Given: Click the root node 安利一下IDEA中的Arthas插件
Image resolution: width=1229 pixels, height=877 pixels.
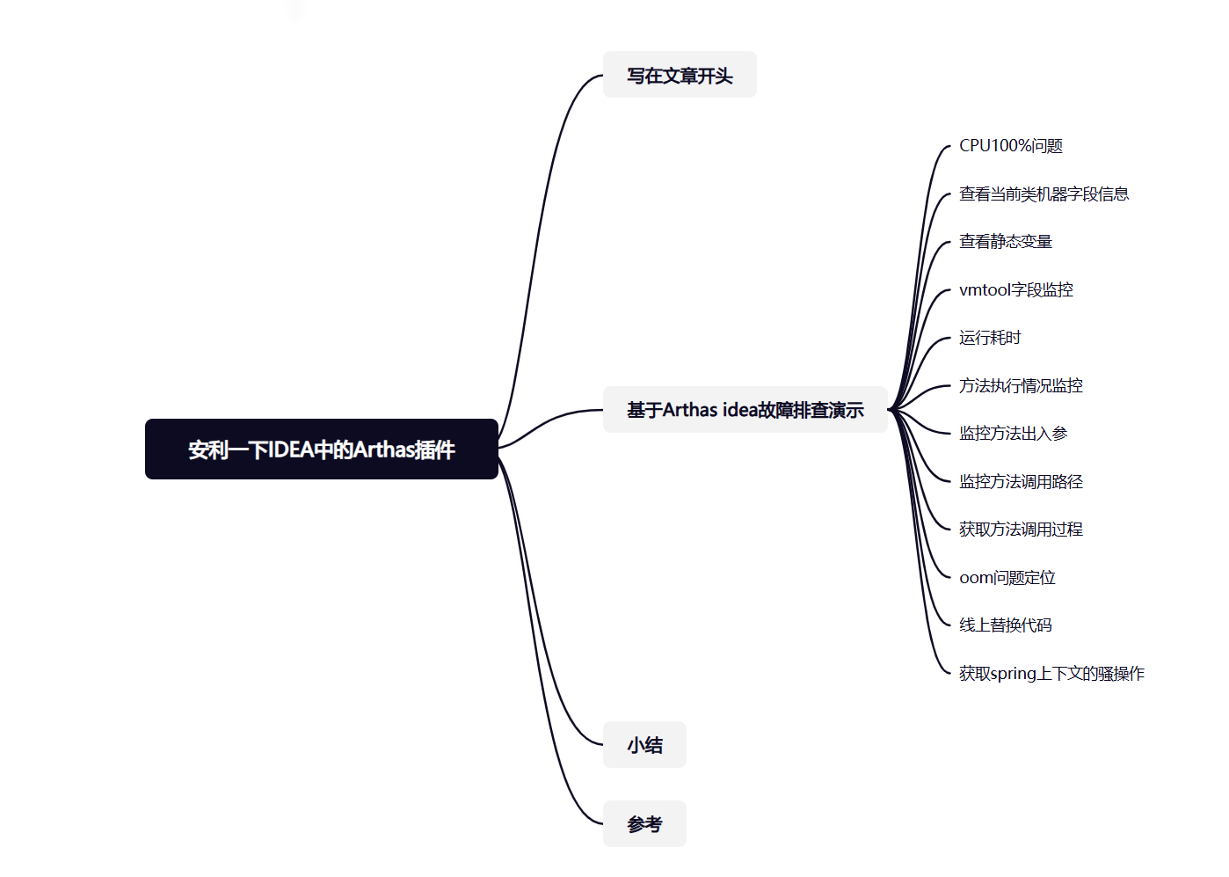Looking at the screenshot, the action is pos(321,449).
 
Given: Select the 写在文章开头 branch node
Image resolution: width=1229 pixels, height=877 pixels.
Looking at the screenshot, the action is pos(680,76).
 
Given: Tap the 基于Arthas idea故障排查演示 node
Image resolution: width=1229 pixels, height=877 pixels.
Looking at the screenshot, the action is pos(745,410).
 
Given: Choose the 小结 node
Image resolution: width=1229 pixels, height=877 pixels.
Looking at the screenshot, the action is pos(644,745).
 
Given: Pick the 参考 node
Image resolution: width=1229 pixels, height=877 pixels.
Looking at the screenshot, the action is pos(644,824).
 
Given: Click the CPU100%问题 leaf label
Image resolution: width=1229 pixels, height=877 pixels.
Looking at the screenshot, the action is pos(1011,146).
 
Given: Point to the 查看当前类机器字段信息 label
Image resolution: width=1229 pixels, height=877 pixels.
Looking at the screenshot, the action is pos(1044,194).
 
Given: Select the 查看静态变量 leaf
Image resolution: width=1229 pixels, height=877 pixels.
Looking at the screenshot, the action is pos(1006,242).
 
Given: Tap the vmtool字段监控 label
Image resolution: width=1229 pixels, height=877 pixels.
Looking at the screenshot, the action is pos(1016,289).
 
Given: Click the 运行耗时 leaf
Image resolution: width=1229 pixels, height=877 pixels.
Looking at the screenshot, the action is pos(990,338).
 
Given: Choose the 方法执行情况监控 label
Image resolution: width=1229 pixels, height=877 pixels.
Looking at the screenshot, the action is pos(1021,385).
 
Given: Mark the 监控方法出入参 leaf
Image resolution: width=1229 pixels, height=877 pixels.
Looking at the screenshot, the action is pos(1013,434).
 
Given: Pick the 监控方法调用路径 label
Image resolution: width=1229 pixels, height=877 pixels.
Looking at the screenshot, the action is pos(1021,481).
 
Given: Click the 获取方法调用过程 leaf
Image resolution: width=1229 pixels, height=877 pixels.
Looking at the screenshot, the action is pos(1021,530).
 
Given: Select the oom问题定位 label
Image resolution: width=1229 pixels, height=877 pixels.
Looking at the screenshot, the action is pos(1007,577).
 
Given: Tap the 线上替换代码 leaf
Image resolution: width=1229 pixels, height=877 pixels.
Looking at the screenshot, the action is pos(1006,625).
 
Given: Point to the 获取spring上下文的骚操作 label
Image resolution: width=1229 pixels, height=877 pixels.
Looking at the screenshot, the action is pos(1051,673).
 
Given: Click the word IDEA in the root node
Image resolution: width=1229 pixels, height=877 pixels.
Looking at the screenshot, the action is pos(290,449).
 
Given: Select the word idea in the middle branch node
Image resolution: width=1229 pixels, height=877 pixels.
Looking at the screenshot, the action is pos(740,410).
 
